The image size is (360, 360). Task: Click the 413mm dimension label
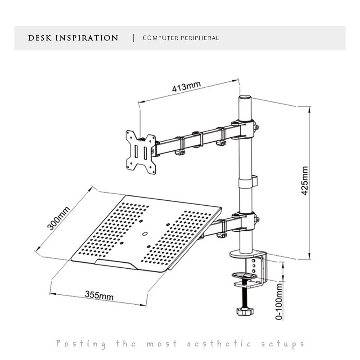pos(186,86)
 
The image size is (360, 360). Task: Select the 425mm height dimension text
pos(305,181)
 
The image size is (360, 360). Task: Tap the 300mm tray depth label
pos(58,218)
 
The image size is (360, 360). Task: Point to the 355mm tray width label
pos(99,296)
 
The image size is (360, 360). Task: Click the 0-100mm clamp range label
pos(279,301)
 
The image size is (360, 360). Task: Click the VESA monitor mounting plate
pos(141,152)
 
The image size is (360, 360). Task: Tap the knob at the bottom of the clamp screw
pos(245,311)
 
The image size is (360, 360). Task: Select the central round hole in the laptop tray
pos(144,234)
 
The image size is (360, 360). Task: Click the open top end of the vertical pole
pos(245,97)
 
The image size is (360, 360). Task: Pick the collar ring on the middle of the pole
pos(245,183)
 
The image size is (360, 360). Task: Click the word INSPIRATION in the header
pos(86,38)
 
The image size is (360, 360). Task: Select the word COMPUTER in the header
pos(160,38)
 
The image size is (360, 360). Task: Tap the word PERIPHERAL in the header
pos(199,38)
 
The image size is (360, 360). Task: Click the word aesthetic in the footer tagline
pos(219,344)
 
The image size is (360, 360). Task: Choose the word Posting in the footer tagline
pos(81,344)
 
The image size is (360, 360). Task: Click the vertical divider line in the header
pos(133,38)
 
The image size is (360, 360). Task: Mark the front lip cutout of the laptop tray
pos(116,264)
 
